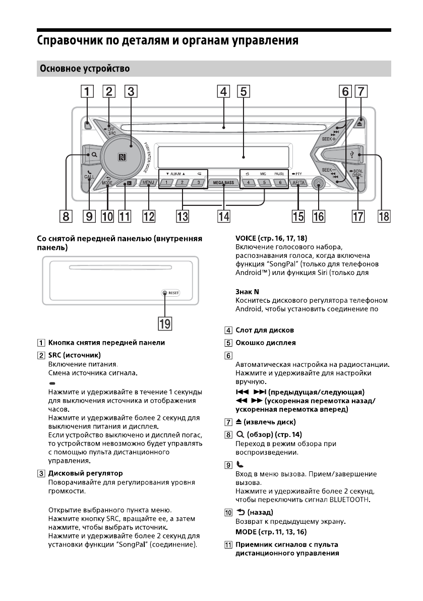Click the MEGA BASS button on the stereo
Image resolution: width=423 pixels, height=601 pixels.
point(223,182)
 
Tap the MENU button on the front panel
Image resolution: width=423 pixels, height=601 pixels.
point(148,182)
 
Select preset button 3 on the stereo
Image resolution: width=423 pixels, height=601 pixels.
point(199,182)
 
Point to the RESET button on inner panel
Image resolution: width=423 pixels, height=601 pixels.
point(165,293)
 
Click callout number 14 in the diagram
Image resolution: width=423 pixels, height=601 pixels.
point(223,216)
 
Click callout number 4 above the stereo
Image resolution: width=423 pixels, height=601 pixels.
point(223,92)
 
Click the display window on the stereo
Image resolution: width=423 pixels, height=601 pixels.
point(222,152)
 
